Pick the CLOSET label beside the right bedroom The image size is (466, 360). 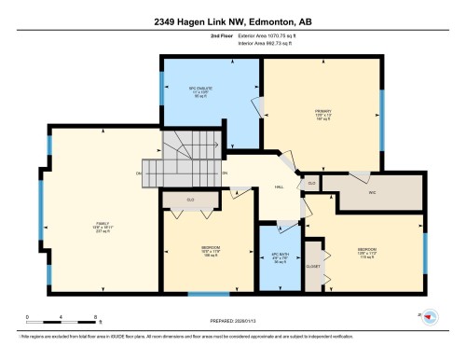(x=314, y=266)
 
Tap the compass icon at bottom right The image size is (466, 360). (x=430, y=317)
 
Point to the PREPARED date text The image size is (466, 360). (x=232, y=323)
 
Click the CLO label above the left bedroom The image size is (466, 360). (x=190, y=200)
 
